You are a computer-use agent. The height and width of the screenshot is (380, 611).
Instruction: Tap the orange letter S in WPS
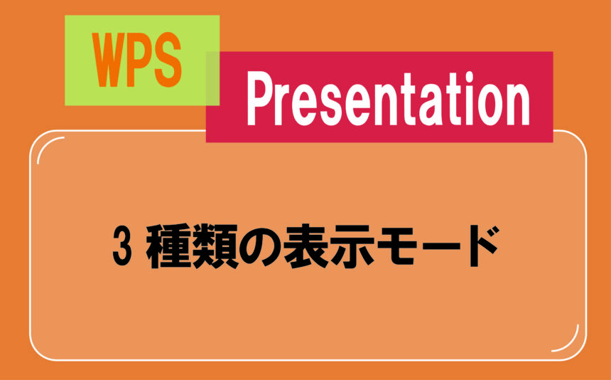[167, 60]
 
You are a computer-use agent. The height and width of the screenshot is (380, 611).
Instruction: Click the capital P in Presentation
[260, 99]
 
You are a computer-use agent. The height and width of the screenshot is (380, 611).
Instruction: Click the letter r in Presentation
[283, 106]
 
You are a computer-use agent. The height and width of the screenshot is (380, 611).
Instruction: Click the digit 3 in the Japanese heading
[121, 246]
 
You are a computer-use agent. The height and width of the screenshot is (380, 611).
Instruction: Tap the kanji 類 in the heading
[215, 246]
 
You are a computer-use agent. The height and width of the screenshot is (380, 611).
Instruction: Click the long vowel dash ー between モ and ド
[443, 246]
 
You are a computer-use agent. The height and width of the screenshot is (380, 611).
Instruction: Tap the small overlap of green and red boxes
[212, 78]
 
